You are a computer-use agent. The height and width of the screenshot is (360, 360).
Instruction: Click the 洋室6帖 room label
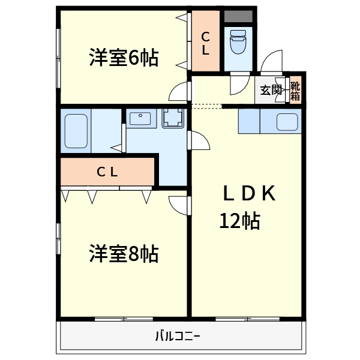click(x=124, y=58)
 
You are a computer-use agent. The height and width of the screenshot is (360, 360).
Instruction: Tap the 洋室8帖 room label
click(x=124, y=254)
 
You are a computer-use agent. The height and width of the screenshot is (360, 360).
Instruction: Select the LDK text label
click(x=248, y=193)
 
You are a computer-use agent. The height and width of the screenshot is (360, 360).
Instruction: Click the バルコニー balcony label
click(x=178, y=335)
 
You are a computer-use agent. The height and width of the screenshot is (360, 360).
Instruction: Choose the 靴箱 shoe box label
click(x=295, y=89)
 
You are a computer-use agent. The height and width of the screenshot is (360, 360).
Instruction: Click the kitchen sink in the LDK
click(x=286, y=122)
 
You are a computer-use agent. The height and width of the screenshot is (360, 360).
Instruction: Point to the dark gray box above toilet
click(x=239, y=16)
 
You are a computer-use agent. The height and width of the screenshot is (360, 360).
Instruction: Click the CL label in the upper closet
click(x=205, y=43)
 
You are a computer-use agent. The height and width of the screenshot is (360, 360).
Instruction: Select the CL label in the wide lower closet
click(x=107, y=172)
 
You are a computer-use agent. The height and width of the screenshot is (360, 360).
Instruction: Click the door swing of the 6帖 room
click(x=179, y=91)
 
